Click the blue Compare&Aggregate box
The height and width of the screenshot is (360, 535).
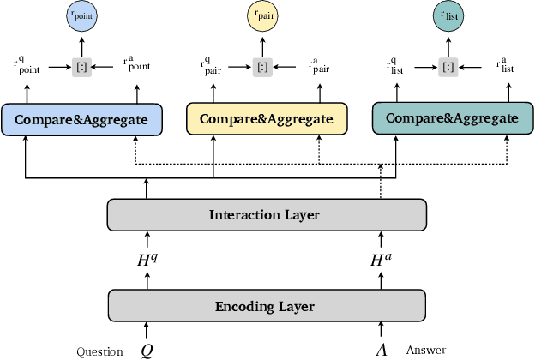click(81, 118)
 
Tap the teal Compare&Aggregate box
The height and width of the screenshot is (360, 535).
click(445, 118)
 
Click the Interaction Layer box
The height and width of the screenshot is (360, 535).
click(266, 214)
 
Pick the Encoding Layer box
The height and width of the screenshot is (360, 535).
click(266, 306)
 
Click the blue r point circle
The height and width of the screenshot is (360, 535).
click(81, 16)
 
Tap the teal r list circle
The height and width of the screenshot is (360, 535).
click(447, 16)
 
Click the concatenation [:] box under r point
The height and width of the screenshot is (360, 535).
click(81, 65)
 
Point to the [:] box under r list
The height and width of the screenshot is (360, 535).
click(447, 65)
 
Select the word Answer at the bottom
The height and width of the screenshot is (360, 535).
click(426, 350)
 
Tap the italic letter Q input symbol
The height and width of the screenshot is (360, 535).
click(147, 350)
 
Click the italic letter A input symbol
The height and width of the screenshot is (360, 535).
click(381, 350)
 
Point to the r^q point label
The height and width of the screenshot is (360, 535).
click(27, 66)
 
